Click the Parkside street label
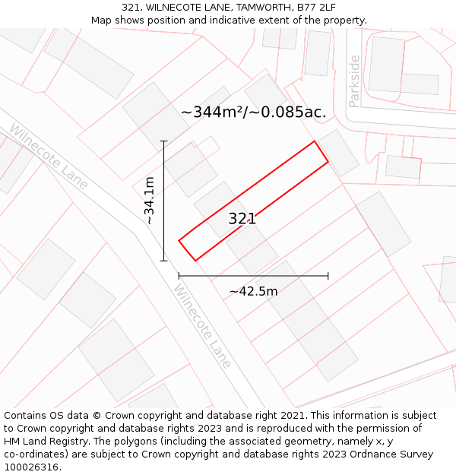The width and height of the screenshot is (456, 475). (354, 81)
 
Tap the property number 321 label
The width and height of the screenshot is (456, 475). (242, 219)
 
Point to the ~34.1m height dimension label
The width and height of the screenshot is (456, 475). (150, 200)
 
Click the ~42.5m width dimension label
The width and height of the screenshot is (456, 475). (253, 291)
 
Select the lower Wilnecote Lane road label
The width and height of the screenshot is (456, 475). (201, 326)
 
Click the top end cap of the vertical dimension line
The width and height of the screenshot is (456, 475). (163, 141)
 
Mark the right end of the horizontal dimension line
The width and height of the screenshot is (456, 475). (328, 276)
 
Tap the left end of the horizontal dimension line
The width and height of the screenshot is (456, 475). (179, 276)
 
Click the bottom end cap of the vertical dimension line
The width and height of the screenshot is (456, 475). (163, 261)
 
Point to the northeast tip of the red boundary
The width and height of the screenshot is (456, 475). (315, 141)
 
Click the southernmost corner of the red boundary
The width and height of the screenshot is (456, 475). (195, 261)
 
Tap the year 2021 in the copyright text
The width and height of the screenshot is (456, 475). (292, 416)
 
